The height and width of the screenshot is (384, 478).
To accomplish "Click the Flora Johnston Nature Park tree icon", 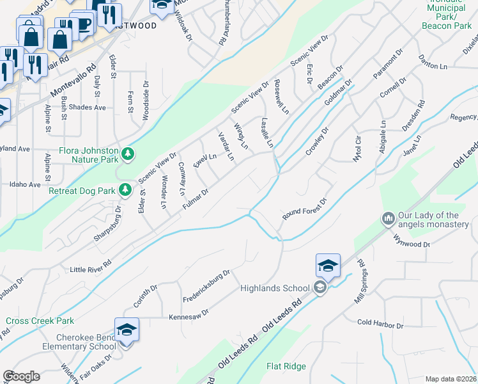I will coord(128,153).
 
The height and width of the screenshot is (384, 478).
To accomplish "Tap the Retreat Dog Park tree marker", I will coord(126,189).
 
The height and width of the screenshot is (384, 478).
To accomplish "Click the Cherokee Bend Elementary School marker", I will coord(127,330).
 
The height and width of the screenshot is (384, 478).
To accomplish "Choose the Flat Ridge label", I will coord(286,367).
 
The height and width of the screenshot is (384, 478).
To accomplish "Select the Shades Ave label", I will coord(88,108).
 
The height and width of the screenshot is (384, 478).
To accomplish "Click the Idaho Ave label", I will coord(26,184).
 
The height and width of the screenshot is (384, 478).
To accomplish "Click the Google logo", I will coord(21,376).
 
